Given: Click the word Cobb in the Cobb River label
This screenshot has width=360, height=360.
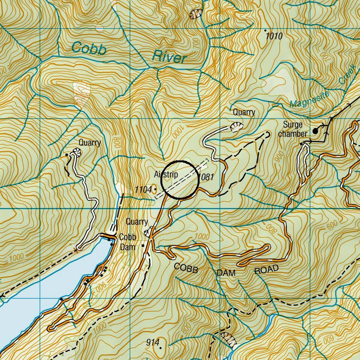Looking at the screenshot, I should [88, 48].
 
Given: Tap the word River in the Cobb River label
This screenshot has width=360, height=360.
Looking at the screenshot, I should [169, 57].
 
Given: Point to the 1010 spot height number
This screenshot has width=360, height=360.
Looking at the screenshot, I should [274, 37].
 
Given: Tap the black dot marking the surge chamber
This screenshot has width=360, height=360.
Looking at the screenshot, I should [315, 131].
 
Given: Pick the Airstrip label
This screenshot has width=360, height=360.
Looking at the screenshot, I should [166, 174].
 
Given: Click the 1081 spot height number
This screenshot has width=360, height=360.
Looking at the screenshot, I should [206, 177].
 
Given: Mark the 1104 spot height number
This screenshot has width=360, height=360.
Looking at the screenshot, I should [143, 189].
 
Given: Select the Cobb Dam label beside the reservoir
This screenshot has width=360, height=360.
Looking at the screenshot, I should [128, 242].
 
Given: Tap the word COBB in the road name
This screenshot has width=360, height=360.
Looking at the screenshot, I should [186, 268].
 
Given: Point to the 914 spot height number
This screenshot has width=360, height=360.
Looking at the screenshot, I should [152, 343].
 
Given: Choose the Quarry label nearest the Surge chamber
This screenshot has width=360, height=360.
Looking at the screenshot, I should [244, 112].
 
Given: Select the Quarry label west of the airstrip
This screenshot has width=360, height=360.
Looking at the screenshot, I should [90, 142].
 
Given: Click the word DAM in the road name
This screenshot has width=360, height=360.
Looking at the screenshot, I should [226, 273].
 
